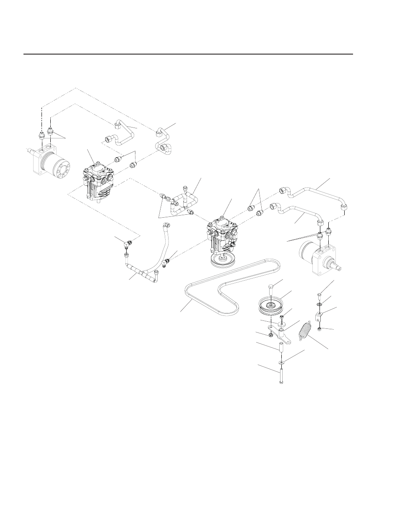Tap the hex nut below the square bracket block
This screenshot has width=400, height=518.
coord(319,328)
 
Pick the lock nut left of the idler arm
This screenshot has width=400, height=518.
coord(270,335)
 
